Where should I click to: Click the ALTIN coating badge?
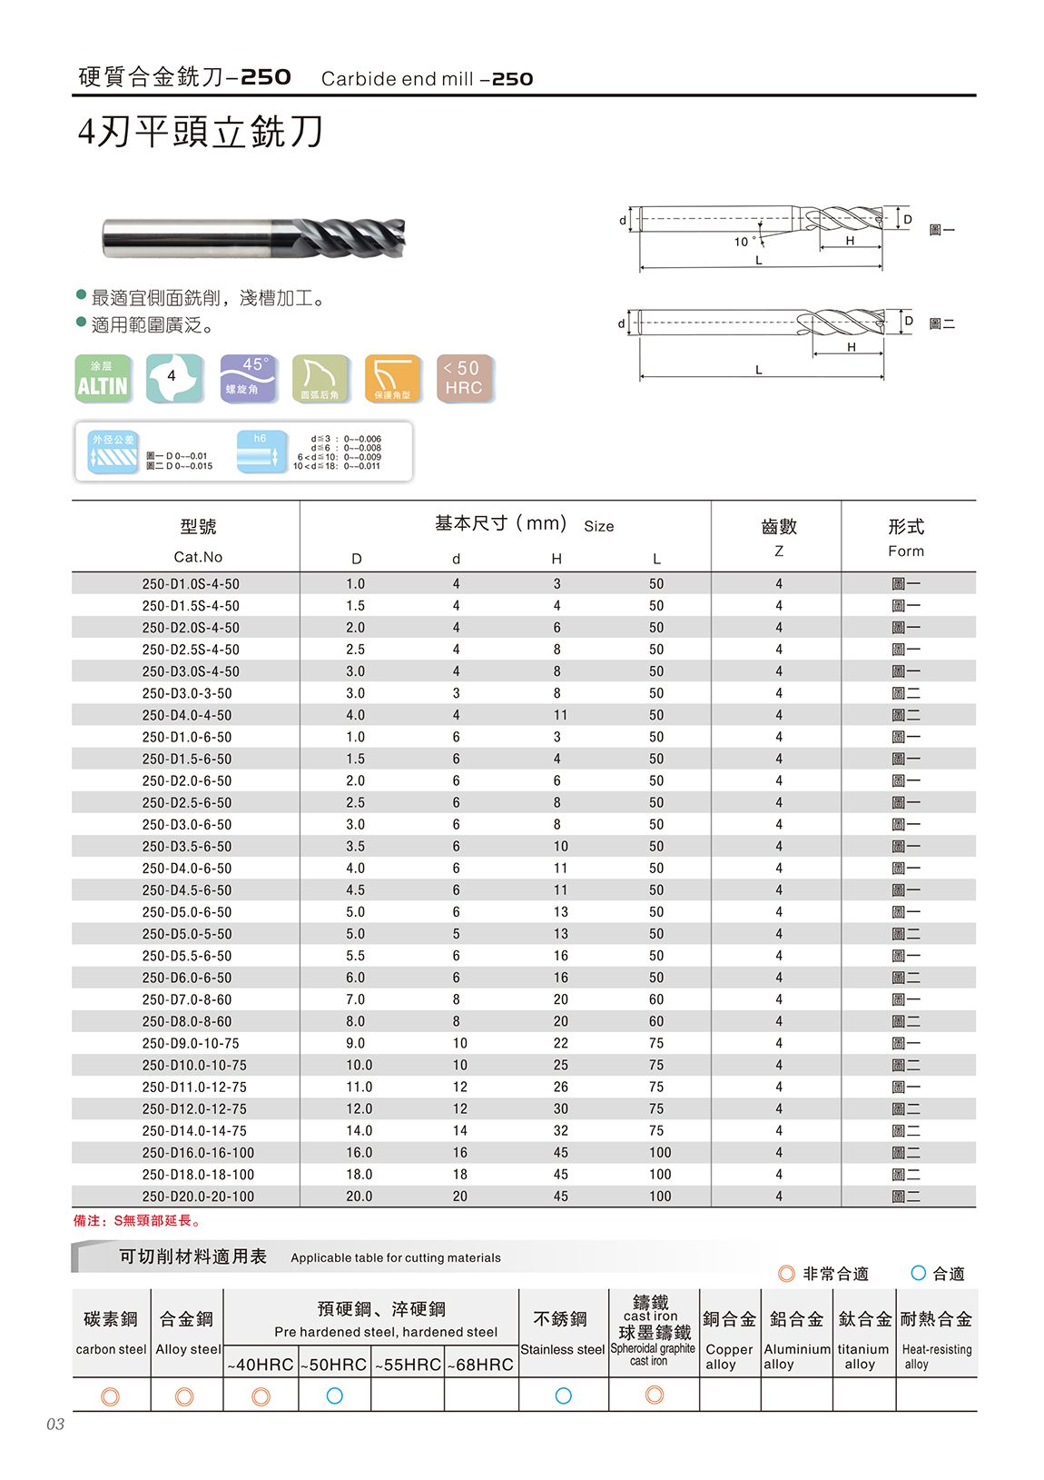[103, 379]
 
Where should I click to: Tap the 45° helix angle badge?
[248, 378]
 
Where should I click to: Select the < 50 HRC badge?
[465, 378]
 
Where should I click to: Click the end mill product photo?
[253, 237]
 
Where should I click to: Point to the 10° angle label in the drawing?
[744, 242]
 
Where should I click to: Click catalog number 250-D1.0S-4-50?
[191, 584]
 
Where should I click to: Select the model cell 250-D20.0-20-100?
[198, 1197]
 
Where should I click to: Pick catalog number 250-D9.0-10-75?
[191, 1043]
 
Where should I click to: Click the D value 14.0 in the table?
[359, 1130]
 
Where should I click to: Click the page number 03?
[55, 1424]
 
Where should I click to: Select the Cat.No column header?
[198, 557]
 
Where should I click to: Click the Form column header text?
[905, 551]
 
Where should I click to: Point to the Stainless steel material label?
[562, 1349]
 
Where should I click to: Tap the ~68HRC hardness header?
[481, 1365]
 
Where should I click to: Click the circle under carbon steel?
[111, 1396]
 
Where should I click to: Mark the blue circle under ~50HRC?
[334, 1396]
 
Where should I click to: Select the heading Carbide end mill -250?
[427, 79]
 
